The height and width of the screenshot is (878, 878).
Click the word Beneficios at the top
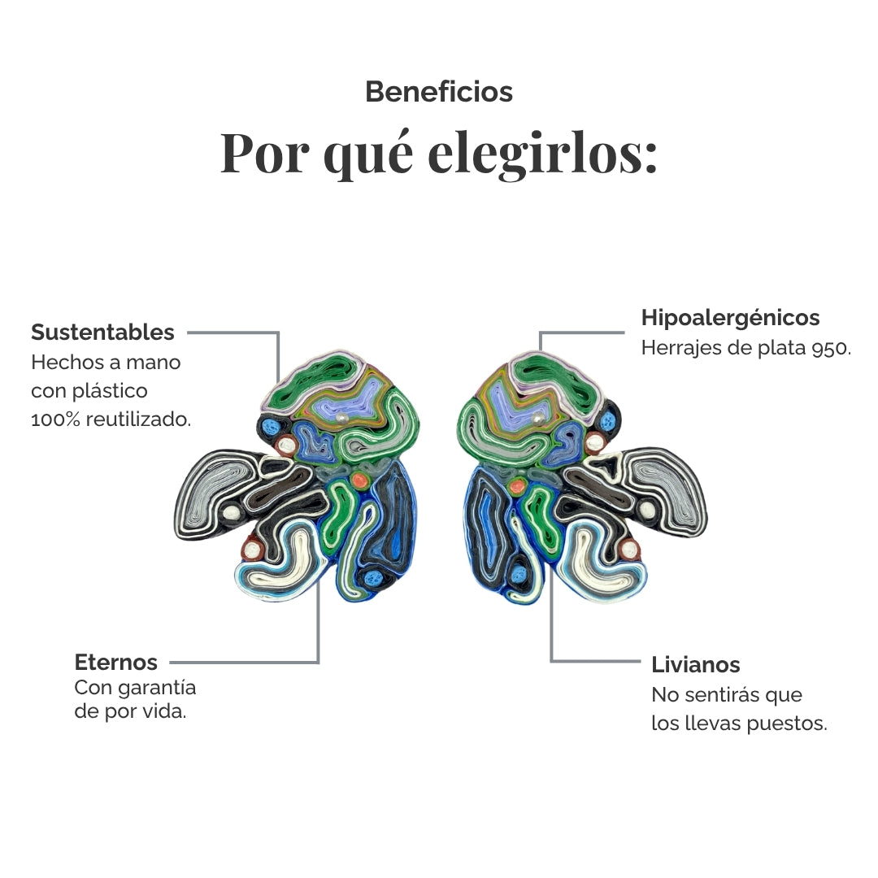click(439, 92)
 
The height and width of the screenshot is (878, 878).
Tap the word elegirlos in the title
click(542, 153)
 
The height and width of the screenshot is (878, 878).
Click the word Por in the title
click(265, 153)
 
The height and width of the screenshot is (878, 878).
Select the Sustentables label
click(102, 332)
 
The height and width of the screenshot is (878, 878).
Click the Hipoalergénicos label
click(730, 318)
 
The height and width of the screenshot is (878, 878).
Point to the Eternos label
click(116, 662)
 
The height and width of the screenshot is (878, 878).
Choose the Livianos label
click(695, 665)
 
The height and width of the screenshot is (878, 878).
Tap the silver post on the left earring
click(344, 418)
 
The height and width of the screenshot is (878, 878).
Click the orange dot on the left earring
click(359, 480)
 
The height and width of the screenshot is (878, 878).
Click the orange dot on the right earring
click(516, 487)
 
